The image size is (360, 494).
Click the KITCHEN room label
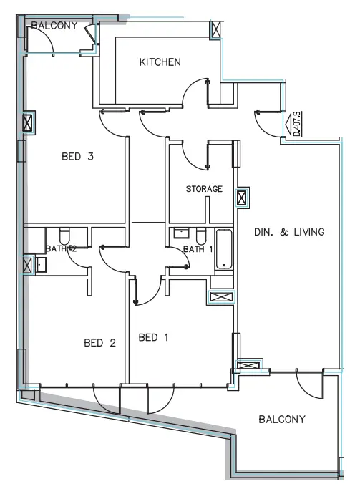[160, 63]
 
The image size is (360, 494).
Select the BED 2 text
[99, 342]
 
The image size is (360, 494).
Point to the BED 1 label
[153, 336]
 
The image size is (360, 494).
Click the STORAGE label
[204, 190]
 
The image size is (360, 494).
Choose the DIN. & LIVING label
[290, 232]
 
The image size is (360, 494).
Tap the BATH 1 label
[198, 249]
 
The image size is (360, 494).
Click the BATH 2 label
[61, 248]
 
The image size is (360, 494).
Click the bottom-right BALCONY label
[282, 420]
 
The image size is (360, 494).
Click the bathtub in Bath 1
[224, 250]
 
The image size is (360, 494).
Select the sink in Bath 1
[180, 234]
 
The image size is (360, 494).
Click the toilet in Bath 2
[64, 236]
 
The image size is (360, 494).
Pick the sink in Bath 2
[39, 265]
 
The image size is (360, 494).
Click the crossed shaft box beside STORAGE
[243, 198]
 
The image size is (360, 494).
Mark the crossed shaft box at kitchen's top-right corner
[215, 30]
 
